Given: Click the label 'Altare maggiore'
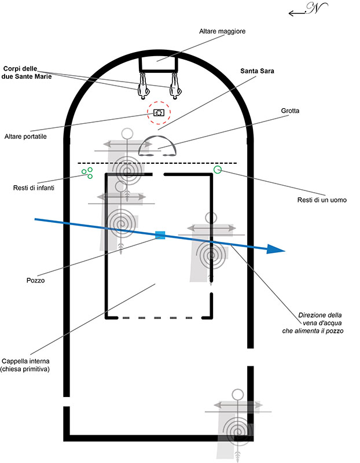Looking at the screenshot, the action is pyautogui.click(x=222, y=31).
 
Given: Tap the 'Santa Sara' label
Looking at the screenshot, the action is pyautogui.click(x=257, y=71).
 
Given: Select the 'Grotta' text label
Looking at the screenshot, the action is pyautogui.click(x=290, y=111).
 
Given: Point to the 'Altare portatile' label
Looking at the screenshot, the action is pyautogui.click(x=25, y=137).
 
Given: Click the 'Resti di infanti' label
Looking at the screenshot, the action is pyautogui.click(x=34, y=188).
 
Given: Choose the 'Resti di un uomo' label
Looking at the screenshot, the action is pyautogui.click(x=322, y=200).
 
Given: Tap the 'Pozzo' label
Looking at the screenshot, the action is pyautogui.click(x=35, y=280).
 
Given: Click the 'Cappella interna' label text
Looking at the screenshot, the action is pyautogui.click(x=25, y=361).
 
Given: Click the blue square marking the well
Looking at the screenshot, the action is pyautogui.click(x=160, y=235).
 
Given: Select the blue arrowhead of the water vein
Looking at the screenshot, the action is pyautogui.click(x=275, y=249).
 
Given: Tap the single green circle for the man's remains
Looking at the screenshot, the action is pyautogui.click(x=218, y=170).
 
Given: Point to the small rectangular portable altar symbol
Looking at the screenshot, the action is pyautogui.click(x=159, y=112).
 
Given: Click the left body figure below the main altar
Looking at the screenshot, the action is pyautogui.click(x=144, y=85).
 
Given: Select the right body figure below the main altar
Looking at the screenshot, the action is pyautogui.click(x=176, y=85).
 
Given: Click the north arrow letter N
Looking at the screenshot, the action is pyautogui.click(x=315, y=8).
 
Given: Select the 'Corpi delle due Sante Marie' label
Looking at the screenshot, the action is pyautogui.click(x=27, y=73).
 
